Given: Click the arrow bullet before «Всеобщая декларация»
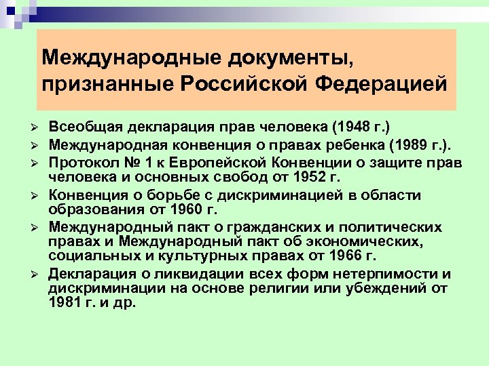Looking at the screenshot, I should coord(41,129).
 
